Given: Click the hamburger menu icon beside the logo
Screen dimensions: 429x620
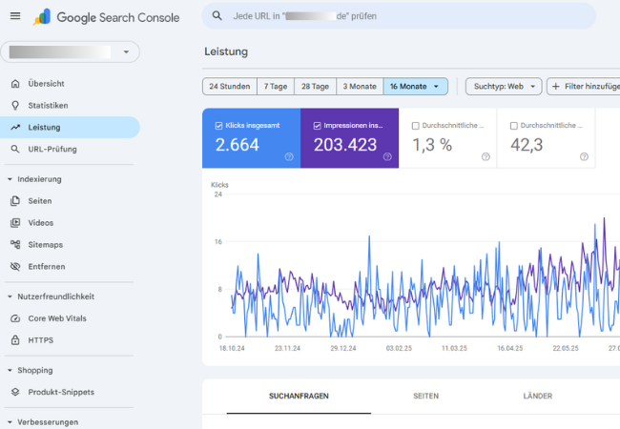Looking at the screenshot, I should point(14,16).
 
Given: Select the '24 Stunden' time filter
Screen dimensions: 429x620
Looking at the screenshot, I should point(228,86).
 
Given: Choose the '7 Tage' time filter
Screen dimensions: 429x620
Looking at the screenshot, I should point(276,86).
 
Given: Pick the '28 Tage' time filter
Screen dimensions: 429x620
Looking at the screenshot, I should point(314,86).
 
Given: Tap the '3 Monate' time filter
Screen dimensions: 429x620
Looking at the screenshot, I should point(360,86).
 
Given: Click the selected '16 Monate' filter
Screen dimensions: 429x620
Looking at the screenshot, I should point(415,86).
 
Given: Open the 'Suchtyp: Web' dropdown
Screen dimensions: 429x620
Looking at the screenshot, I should point(504,86).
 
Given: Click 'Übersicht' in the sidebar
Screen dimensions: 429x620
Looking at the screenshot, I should point(47,84).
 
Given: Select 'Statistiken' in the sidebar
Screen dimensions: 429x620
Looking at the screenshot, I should point(48,106).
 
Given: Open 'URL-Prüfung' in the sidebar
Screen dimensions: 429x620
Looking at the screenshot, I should point(52,150).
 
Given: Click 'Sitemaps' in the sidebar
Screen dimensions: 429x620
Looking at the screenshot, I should point(46,245).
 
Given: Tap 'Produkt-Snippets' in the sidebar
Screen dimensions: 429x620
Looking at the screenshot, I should point(62,392).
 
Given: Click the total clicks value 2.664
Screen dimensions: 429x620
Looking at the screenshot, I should point(238,145).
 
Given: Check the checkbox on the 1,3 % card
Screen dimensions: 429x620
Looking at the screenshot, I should point(416,125).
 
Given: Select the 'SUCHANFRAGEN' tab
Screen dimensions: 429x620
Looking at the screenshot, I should point(299,396).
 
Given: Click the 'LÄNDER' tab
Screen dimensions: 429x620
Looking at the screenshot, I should point(538,396).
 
